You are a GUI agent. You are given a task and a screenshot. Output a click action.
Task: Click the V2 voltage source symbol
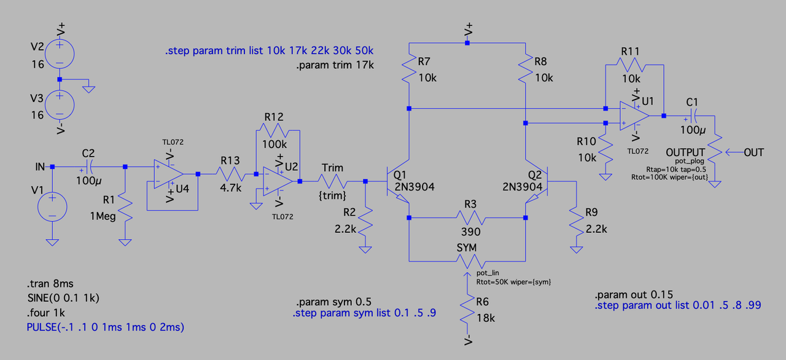(60, 53)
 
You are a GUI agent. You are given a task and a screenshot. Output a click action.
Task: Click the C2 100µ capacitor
(88, 166)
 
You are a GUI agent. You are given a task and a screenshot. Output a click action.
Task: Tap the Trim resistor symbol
(332, 181)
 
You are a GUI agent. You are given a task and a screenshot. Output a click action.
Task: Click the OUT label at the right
(754, 152)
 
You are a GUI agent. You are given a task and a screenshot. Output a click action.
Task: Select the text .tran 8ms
(50, 284)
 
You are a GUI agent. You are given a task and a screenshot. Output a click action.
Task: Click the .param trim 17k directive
(335, 65)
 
